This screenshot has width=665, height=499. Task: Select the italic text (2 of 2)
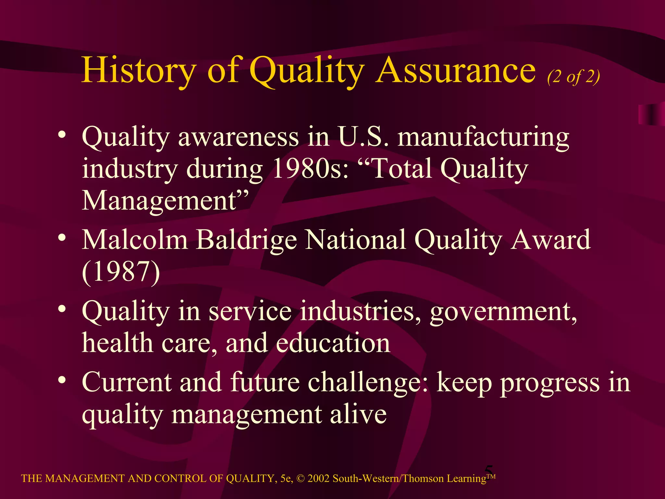[x=573, y=77]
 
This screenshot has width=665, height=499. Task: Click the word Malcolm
[x=135, y=240]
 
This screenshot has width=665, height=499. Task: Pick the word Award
[x=550, y=240]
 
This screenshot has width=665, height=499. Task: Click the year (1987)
[x=121, y=272]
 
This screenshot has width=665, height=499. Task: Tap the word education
[x=333, y=343]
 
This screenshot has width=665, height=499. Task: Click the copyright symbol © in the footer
[x=301, y=479]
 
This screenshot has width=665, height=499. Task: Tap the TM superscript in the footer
[x=491, y=476]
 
